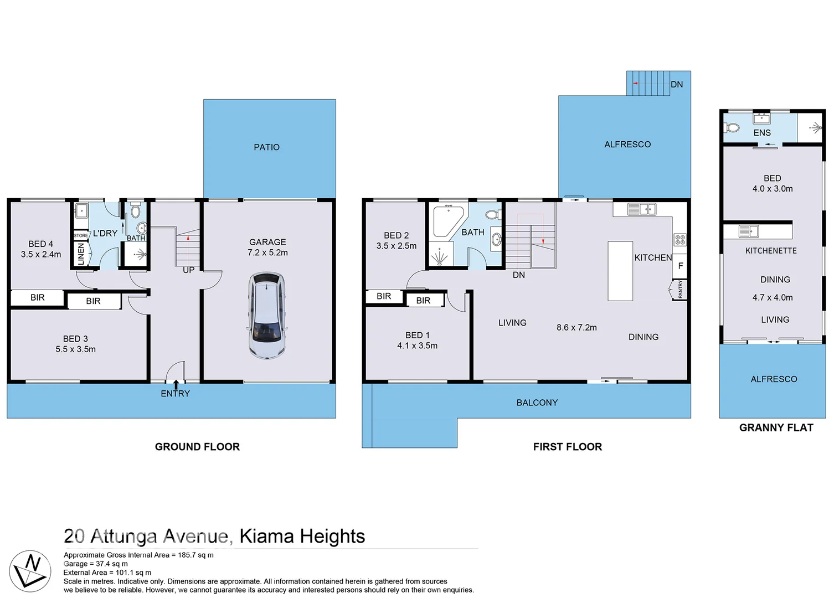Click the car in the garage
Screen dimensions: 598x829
point(267,315)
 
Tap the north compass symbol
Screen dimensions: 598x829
point(30,571)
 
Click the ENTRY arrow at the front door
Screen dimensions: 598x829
point(176,384)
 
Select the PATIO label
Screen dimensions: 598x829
point(266,147)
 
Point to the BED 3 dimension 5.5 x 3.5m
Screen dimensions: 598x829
point(75,349)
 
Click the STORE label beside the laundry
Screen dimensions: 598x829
point(81,235)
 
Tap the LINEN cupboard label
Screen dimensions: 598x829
point(81,254)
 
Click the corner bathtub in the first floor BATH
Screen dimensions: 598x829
point(446,220)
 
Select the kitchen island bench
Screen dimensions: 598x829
point(620,271)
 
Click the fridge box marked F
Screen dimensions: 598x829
point(680,266)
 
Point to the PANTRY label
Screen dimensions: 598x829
point(680,289)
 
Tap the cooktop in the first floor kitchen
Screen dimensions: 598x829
point(679,240)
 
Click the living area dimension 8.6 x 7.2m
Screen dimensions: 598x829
point(576,327)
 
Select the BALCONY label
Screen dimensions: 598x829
point(537,403)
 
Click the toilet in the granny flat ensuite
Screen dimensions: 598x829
point(732,128)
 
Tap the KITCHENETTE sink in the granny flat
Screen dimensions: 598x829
point(749,231)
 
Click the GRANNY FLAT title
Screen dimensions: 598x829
point(776,427)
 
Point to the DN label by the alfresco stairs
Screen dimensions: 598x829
point(677,85)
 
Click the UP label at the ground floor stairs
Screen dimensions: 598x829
point(188,270)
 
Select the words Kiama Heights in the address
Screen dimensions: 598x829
point(302,536)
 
